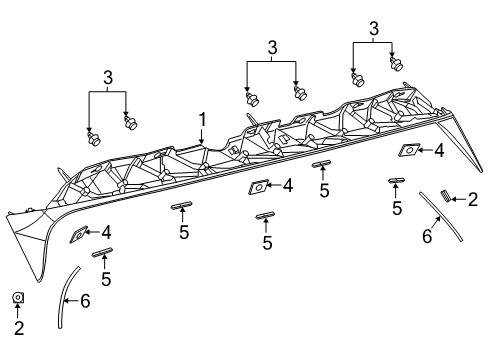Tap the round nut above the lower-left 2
tap(18, 297)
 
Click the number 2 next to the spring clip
tap(472, 200)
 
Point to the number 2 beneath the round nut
tap(18, 326)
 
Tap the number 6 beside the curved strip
tap(85, 299)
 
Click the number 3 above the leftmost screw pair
tap(108, 77)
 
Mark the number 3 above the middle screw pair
tap(271, 47)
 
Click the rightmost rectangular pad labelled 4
tap(408, 151)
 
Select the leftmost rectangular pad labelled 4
tap(78, 236)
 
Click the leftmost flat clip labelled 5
tap(102, 255)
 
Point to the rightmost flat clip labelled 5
tap(397, 181)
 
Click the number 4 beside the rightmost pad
tap(438, 151)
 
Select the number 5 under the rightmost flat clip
tap(397, 208)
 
